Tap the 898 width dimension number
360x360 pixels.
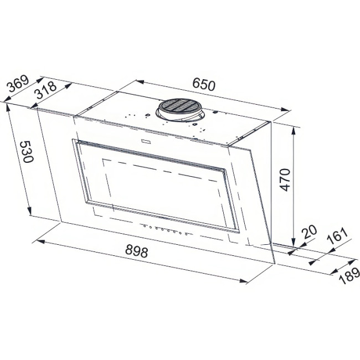[x=136, y=252]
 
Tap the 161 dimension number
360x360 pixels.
[x=337, y=237]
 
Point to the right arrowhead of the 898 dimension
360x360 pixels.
[x=243, y=281]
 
